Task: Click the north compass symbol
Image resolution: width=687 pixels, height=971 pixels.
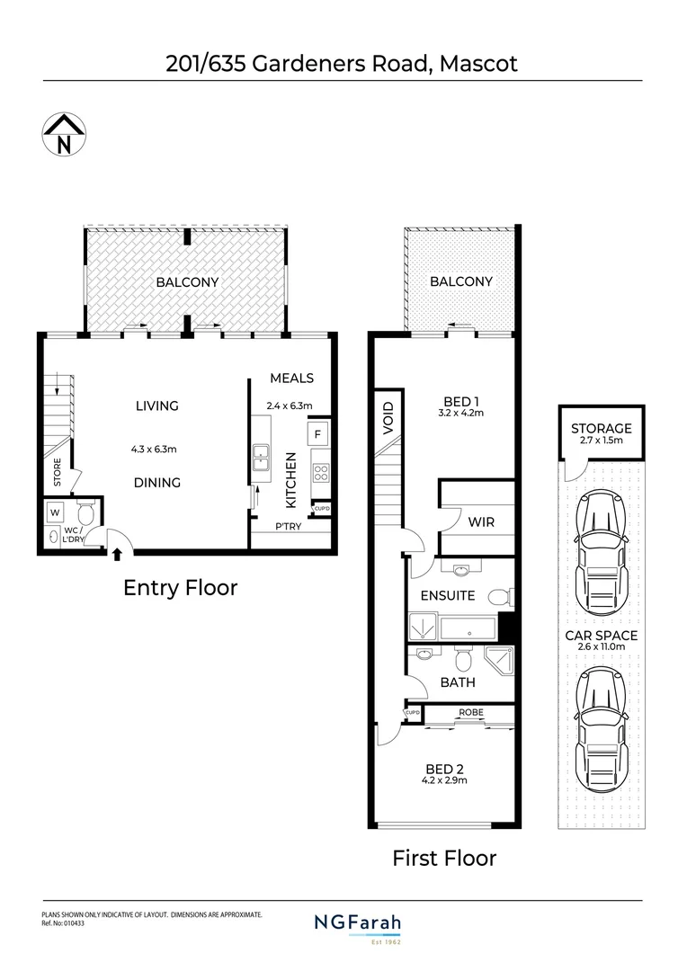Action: [63, 136]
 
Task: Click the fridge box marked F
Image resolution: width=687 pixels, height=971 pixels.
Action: [317, 435]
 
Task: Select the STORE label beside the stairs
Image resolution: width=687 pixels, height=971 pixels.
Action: [57, 473]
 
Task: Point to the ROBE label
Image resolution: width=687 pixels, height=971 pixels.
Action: [470, 712]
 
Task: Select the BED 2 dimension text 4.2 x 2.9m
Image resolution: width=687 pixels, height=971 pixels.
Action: [445, 780]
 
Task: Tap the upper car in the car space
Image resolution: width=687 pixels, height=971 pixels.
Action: [601, 547]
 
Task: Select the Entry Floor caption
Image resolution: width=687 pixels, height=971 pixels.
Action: [180, 588]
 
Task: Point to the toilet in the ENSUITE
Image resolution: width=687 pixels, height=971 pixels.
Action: [499, 596]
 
